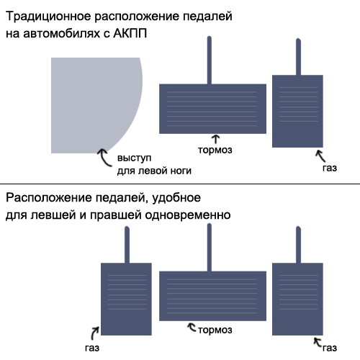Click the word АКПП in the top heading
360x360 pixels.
coord(130,33)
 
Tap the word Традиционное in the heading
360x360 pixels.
coord(48,17)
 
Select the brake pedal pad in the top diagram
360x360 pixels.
coord(212,109)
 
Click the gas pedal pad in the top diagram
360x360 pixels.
coord(297,111)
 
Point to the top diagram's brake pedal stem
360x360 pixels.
coord(210,60)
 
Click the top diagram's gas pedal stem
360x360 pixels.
coord(298,57)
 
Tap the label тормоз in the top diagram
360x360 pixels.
coord(215,150)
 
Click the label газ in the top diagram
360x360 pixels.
coord(330,168)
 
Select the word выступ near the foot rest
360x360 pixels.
coord(134,158)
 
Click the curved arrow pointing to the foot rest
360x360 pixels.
coord(104,158)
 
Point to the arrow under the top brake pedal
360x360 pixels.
coord(216,139)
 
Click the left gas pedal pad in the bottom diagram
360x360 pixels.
coord(126,299)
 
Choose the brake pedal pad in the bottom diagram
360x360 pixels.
coord(212,296)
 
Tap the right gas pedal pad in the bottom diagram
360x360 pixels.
coord(297,299)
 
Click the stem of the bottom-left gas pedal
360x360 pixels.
coord(127,245)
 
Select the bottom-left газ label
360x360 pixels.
coord(92,348)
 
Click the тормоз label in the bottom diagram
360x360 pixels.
coord(215,330)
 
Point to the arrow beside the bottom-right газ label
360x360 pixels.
coord(318,342)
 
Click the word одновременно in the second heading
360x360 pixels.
coord(188,215)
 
